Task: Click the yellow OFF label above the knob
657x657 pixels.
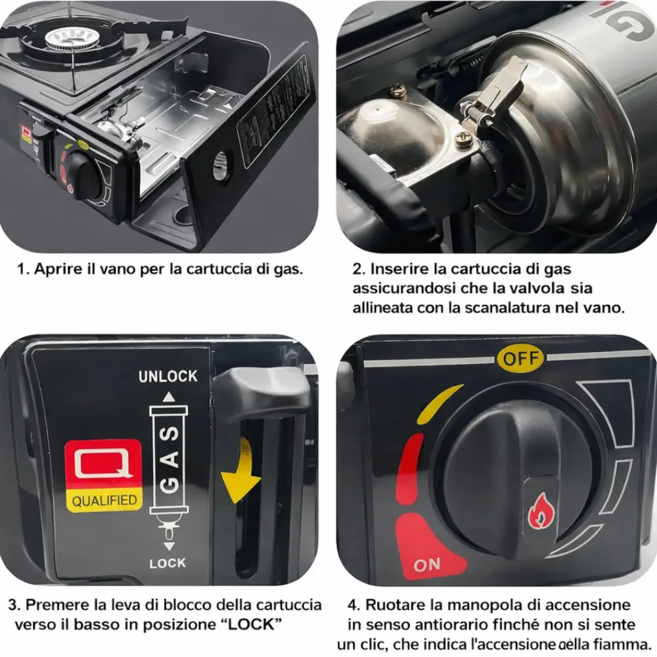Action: click(520, 359)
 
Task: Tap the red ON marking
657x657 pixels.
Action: click(428, 564)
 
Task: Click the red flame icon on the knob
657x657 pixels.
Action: click(541, 510)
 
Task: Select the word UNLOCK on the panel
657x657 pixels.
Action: click(168, 376)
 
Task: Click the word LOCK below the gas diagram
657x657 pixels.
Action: click(168, 563)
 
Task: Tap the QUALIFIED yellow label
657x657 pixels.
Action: click(104, 500)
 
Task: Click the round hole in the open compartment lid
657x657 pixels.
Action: click(220, 165)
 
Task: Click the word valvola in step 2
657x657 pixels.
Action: click(533, 288)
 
